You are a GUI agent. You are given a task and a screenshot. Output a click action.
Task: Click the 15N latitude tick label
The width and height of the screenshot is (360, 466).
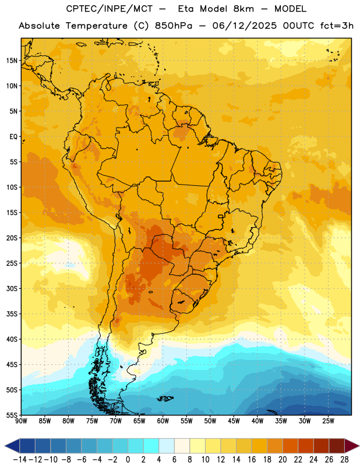coord(12,61)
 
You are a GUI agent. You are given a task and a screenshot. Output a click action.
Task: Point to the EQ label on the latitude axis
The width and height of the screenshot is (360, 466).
coord(13,137)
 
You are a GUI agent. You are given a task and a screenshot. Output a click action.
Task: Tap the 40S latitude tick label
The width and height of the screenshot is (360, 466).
coord(12,339)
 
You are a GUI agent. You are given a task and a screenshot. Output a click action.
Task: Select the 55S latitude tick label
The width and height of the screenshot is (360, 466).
coord(12,415)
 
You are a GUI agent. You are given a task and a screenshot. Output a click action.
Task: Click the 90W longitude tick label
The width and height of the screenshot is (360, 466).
coord(21,421)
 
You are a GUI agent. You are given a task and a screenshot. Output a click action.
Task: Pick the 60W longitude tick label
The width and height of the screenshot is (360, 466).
coord(163,421)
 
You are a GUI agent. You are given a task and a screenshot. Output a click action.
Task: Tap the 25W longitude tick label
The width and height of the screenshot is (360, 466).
coord(328,421)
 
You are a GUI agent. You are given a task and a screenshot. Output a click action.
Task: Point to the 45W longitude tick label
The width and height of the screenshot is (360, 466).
coord(234,421)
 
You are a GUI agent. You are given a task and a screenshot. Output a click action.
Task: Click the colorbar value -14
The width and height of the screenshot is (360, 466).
coord(20,460)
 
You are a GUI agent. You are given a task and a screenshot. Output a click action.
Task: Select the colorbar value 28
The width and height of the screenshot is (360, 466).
coord(344,460)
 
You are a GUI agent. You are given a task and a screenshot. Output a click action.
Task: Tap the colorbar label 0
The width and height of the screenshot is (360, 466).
coord(128,460)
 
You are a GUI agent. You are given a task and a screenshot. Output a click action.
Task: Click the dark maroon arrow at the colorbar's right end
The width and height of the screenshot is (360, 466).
coord(352,446)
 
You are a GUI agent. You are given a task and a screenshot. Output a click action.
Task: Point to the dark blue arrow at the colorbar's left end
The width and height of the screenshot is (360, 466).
coord(12,446)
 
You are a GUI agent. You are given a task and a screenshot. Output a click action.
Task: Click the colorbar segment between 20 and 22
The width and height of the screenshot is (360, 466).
coord(291,446)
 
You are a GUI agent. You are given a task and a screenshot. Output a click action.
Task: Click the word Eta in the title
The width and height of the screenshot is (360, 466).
coord(186,9)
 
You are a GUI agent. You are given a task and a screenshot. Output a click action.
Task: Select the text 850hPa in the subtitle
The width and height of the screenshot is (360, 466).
coord(174,26)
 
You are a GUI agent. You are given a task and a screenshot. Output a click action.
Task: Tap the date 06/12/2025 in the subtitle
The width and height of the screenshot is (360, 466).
coord(244,26)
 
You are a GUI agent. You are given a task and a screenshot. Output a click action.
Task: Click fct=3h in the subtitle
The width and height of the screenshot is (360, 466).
coord(337,26)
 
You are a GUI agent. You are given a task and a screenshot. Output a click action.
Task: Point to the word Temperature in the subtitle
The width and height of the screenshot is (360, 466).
coord(97,26)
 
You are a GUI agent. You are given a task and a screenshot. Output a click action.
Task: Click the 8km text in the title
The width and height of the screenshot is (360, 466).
coord(243,9)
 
